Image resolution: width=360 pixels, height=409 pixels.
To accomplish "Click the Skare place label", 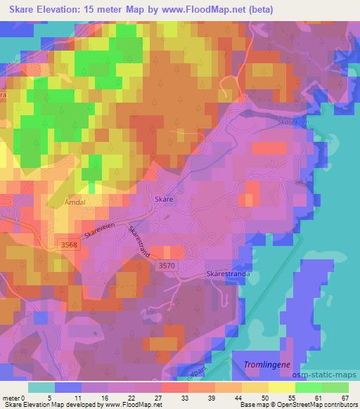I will coord(163,200).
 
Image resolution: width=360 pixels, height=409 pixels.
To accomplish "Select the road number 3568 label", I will coord(67,243).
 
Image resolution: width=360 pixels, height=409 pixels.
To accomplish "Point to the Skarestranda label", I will coord(228,274).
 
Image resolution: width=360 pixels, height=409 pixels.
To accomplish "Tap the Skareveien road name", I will coord(103,229).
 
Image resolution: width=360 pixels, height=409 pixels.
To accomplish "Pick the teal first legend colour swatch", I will coord(41,387).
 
